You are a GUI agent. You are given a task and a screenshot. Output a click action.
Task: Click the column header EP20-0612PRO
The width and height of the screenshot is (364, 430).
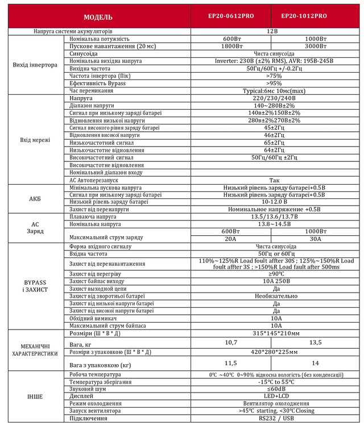click(227, 16)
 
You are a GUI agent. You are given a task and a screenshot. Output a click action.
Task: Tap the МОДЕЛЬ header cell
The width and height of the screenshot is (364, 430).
click(98, 16)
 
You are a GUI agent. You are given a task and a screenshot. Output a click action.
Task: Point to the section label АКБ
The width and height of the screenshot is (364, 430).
click(35, 198)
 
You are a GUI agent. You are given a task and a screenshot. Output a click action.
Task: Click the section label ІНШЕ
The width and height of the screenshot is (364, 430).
click(35, 396)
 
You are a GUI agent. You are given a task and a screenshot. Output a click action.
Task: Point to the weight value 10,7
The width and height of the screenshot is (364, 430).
click(231, 343)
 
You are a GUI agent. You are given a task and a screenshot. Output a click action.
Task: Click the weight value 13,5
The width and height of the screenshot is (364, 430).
click(315, 343)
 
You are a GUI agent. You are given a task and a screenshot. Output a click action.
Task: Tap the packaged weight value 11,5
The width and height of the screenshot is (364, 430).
click(231, 362)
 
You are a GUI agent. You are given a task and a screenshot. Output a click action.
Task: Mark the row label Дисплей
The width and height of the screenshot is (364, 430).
click(82, 396)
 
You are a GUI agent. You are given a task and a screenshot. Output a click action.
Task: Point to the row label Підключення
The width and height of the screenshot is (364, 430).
click(88, 418)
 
